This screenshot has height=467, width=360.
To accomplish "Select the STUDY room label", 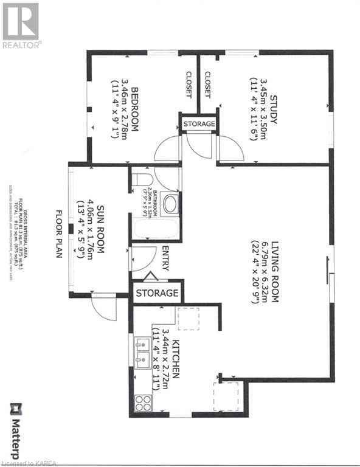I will pos(274,110).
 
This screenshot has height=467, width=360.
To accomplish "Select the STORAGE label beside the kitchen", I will pos(157,293).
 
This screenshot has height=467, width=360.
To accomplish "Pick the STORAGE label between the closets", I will pos(199,124).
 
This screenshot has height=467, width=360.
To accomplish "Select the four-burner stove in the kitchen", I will pos(142,403).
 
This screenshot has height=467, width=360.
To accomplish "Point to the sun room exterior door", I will pos(103,307).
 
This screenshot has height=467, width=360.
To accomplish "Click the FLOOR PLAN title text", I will pos(60,234).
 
